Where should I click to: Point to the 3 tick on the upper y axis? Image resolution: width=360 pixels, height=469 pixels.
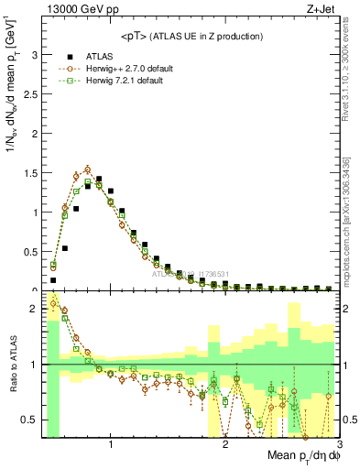(34, 55)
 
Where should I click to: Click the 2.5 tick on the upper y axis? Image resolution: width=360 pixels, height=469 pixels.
(30, 94)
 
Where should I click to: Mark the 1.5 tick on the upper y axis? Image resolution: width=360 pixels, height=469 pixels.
(30, 173)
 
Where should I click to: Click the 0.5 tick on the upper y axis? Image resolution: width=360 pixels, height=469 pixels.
(30, 252)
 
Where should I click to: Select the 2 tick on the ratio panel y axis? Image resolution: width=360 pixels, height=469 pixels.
(34, 310)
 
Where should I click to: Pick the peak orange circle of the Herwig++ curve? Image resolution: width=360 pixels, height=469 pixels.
(87, 169)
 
